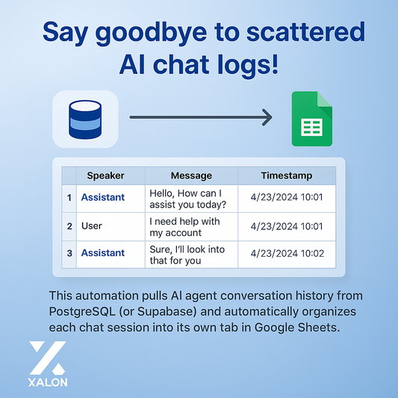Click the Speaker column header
click(x=105, y=176)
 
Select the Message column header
click(x=191, y=176)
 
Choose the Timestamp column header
click(x=287, y=176)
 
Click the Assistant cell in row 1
click(x=103, y=198)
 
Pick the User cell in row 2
click(x=91, y=226)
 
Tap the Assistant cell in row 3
click(x=103, y=253)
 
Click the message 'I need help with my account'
click(x=185, y=226)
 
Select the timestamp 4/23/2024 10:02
click(x=287, y=253)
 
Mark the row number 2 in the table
click(x=69, y=226)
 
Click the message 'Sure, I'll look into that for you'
click(x=187, y=254)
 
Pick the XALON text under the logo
click(x=47, y=381)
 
